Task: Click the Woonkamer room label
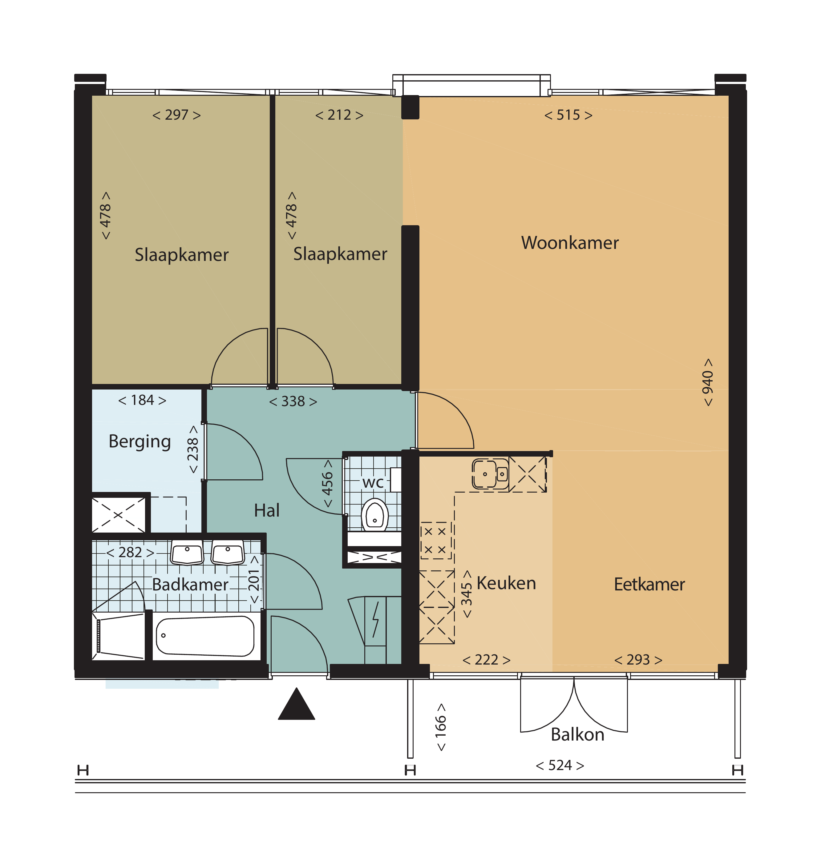point(570,243)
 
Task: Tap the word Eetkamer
point(649,585)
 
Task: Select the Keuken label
point(506,583)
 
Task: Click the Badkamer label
point(190,585)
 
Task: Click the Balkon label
point(578,734)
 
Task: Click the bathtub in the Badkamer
point(205,636)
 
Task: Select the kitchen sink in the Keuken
point(490,474)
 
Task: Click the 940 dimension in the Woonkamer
point(708,382)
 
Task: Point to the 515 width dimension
point(568,115)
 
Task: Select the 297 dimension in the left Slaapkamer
point(176,115)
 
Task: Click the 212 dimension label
point(339,115)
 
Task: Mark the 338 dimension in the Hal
point(293,402)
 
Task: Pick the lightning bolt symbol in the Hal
point(375,620)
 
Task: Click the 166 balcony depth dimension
point(441,727)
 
